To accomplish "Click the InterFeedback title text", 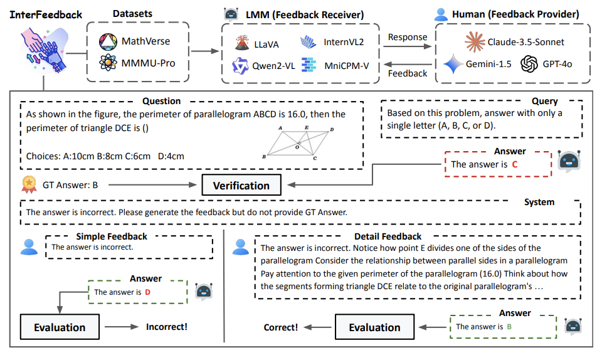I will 46,14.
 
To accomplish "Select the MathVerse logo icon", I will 108,42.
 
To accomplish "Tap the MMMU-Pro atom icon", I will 108,63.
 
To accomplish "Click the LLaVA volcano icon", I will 241,43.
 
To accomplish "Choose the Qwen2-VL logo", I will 241,65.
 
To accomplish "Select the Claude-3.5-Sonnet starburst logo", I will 476,42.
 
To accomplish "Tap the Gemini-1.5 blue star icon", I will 453,64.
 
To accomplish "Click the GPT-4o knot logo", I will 530,64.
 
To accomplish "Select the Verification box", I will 241,185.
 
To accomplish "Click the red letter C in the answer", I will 515,164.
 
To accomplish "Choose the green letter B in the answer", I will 509,327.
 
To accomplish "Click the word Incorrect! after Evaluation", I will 167,327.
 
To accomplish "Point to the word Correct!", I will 281,327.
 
